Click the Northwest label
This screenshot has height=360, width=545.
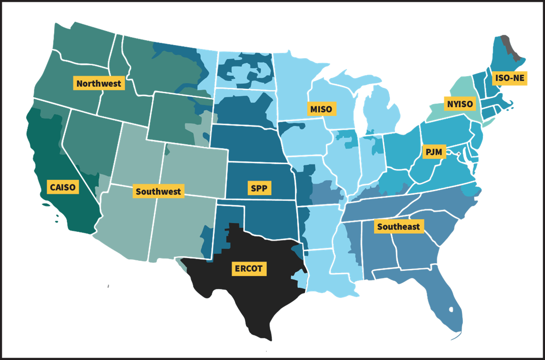point(98,84)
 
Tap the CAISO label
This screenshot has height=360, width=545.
point(63,188)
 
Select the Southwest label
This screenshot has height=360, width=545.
point(158,192)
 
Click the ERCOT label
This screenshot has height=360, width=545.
point(248,269)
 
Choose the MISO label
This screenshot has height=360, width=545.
point(322,109)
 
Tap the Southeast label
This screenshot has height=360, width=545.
point(399,227)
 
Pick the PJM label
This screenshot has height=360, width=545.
point(434,152)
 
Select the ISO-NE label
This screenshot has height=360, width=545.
point(509,79)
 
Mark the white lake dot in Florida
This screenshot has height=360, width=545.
point(451,310)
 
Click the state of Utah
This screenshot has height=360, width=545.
point(136,154)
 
